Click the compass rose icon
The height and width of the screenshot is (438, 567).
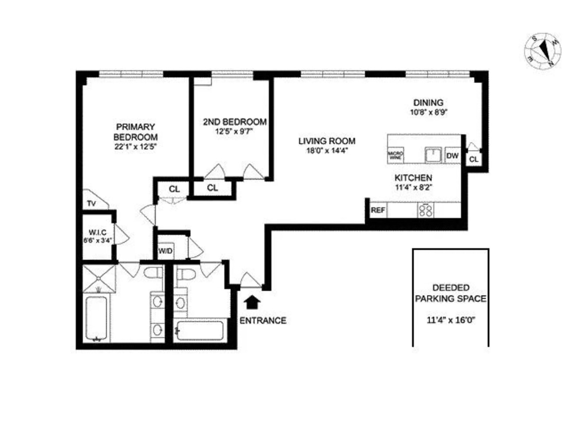pos(542,52)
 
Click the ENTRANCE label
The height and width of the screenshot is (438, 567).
pos(263,321)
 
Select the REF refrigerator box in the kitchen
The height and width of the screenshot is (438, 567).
pos(378,210)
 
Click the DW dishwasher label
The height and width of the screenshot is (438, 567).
pos(452,155)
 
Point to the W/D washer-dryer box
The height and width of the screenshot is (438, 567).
pos(165,251)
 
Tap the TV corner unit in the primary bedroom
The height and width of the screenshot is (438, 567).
pos(93,203)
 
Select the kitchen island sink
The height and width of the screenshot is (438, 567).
pos(433,155)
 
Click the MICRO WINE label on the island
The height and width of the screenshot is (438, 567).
pos(396,155)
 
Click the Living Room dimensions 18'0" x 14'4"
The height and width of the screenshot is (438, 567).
pos(327,152)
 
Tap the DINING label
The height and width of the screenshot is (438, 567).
pos(428,103)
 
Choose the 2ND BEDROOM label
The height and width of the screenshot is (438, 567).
pos(235,122)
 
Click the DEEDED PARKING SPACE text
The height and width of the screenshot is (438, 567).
pos(450,293)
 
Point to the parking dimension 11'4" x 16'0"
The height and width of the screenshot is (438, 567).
pos(451,320)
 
